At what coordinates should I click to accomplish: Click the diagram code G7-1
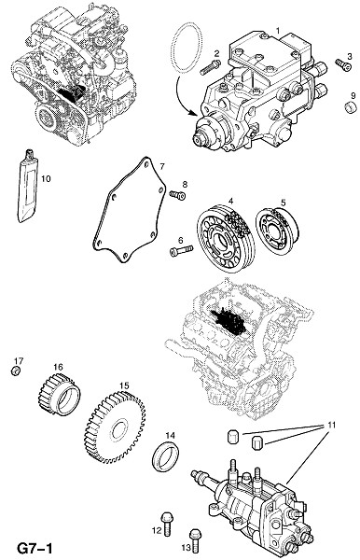pyautogui.click(x=35, y=548)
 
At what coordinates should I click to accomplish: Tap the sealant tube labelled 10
pyautogui.click(x=27, y=186)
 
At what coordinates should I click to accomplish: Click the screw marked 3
pyautogui.click(x=343, y=64)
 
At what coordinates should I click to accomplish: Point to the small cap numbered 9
pyautogui.click(x=351, y=106)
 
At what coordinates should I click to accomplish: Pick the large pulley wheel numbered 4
pyautogui.click(x=227, y=238)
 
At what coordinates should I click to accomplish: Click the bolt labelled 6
pyautogui.click(x=181, y=250)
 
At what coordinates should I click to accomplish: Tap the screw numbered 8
pyautogui.click(x=177, y=195)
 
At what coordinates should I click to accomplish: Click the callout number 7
pyautogui.click(x=161, y=166)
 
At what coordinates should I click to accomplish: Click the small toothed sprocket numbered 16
pyautogui.click(x=60, y=394)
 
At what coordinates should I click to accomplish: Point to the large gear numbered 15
pyautogui.click(x=115, y=427)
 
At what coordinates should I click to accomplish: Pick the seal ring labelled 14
pyautogui.click(x=166, y=456)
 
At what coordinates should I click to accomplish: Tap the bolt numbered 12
pyautogui.click(x=167, y=524)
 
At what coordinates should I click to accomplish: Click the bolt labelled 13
pyautogui.click(x=195, y=540)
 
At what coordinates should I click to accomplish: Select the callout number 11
pyautogui.click(x=332, y=426)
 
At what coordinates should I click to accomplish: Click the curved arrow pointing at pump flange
pyautogui.click(x=181, y=97)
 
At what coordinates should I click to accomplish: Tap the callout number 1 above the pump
pyautogui.click(x=278, y=31)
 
